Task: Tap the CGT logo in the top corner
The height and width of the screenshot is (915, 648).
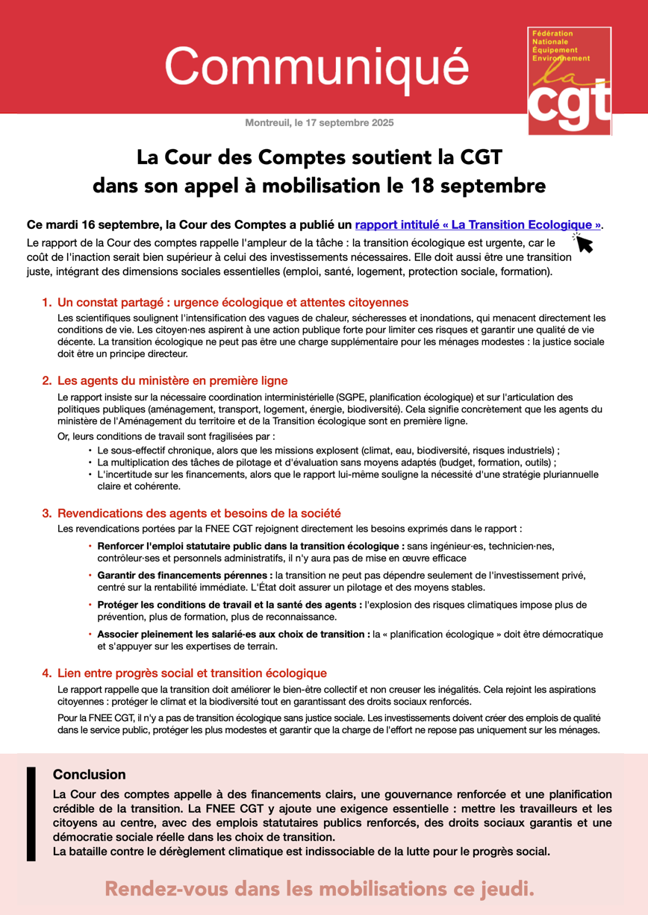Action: pos(569,82)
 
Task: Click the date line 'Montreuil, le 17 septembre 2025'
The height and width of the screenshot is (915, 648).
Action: pos(319,122)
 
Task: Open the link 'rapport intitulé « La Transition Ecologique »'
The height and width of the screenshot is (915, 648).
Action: pos(478,224)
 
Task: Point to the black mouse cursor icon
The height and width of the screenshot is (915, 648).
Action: pos(582,242)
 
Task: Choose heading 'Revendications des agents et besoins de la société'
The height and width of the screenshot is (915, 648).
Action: pos(199,513)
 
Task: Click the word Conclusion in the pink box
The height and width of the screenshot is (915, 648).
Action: pos(89,775)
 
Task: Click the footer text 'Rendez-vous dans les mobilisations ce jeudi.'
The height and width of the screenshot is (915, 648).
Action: pos(320,888)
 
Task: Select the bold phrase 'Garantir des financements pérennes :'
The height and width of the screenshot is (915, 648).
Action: pos(185,576)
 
